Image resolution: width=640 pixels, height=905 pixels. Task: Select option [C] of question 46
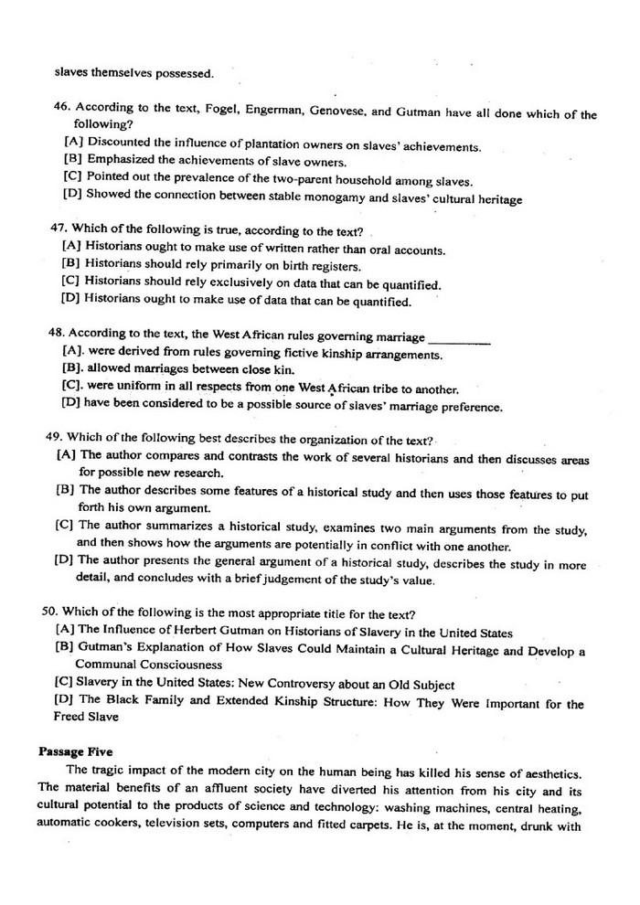click(73, 176)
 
